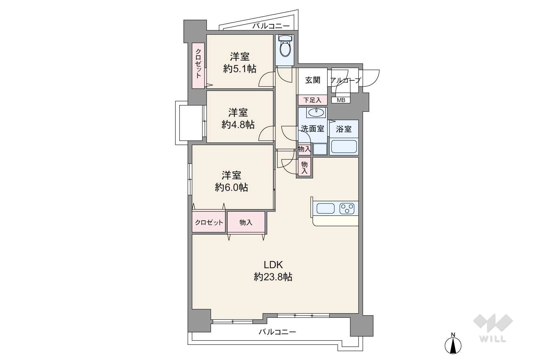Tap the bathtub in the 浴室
[x=344, y=147]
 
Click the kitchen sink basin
[x=326, y=208]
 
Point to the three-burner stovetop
[x=347, y=208]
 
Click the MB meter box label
[x=341, y=100]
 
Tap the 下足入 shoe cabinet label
[x=312, y=100]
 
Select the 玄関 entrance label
[x=313, y=80]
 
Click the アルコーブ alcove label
[x=345, y=80]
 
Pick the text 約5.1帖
[x=240, y=69]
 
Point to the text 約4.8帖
[x=238, y=125]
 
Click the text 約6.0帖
[x=231, y=187]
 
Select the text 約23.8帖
[x=273, y=277]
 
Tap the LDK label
[x=273, y=265]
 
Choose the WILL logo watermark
[x=493, y=328]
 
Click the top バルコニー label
[x=271, y=26]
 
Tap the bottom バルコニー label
[x=277, y=332]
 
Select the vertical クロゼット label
[x=198, y=64]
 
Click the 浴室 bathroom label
[x=344, y=129]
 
